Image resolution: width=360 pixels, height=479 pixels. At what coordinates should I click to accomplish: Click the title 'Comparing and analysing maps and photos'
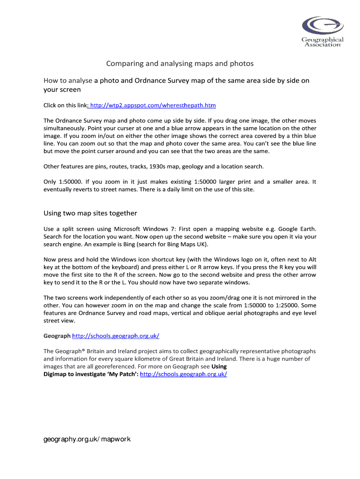click(x=180, y=63)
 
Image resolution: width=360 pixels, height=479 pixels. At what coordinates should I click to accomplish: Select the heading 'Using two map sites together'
click(x=90, y=213)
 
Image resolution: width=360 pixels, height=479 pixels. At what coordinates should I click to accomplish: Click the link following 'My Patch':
click(x=183, y=374)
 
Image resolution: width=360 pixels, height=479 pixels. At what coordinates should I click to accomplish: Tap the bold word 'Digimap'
click(x=55, y=374)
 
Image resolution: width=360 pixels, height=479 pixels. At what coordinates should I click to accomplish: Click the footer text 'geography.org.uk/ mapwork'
click(x=87, y=439)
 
